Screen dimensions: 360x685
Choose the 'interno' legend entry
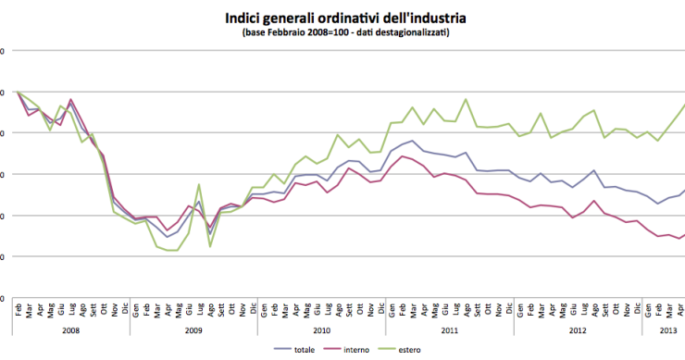[357, 349]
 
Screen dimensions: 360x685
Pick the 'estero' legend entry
[408, 349]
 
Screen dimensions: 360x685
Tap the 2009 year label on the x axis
[193, 329]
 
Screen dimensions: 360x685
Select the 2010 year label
[321, 329]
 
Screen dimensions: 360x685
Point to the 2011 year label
[449, 329]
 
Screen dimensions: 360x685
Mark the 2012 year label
[576, 329]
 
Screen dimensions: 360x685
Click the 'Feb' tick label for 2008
[18, 310]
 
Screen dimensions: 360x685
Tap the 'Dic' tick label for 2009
[253, 310]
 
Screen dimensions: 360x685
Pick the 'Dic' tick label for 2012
[635, 310]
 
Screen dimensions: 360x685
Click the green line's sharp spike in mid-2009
[199, 185]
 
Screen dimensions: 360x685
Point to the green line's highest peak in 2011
[465, 99]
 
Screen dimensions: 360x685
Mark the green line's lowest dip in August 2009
[210, 246]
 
